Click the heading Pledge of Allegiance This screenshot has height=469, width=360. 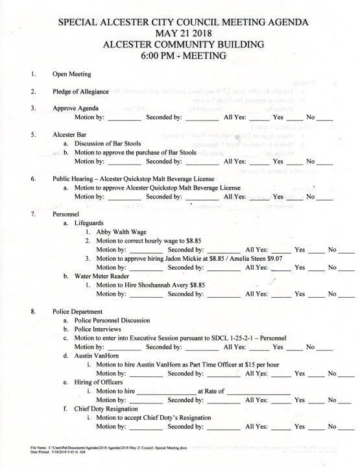tap(84, 91)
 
